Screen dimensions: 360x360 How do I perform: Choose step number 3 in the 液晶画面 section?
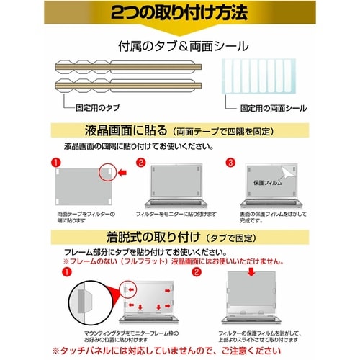(230, 163)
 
